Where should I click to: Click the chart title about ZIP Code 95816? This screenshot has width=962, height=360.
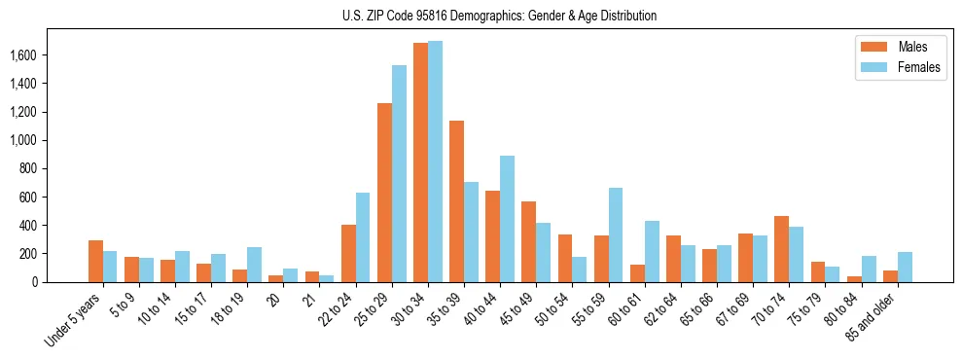tap(499, 16)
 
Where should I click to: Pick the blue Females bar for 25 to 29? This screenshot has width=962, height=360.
tap(399, 174)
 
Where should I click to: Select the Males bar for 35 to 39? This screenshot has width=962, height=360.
tap(456, 201)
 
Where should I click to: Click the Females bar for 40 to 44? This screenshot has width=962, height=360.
tap(507, 219)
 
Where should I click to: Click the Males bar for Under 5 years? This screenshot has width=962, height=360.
tap(95, 261)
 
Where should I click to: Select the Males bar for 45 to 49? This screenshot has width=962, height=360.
tap(528, 241)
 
